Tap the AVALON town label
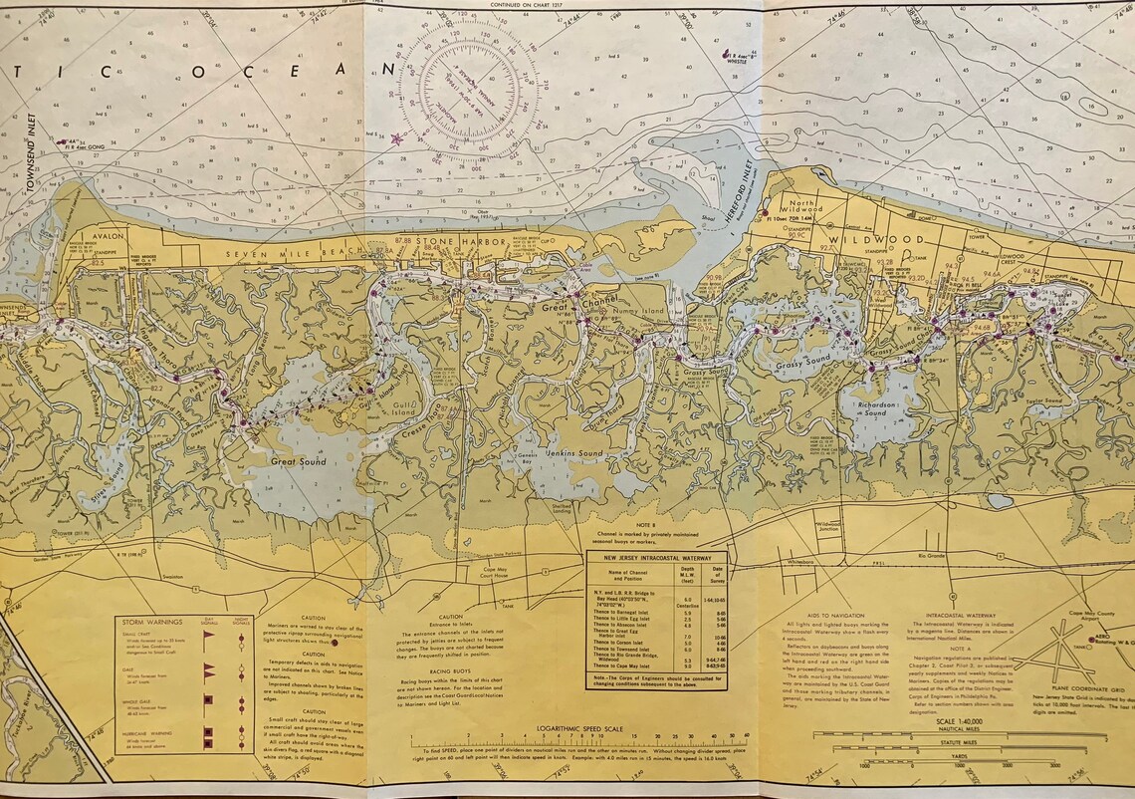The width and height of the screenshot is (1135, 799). click(x=106, y=238)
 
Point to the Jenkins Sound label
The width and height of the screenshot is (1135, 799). click(x=574, y=454)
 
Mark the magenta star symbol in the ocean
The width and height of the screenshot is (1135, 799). click(x=399, y=139)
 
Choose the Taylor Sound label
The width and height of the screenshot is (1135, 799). click(x=1045, y=400)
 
